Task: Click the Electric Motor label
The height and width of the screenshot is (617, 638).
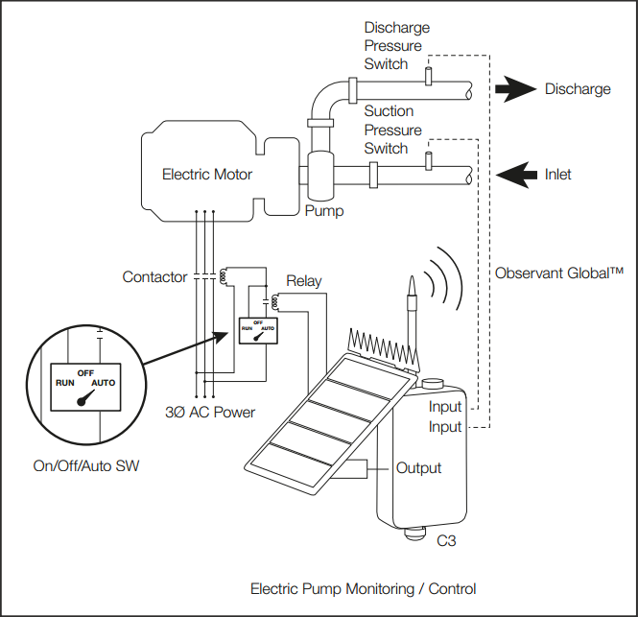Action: coord(207,175)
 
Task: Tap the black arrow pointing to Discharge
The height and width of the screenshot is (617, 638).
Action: coord(514,89)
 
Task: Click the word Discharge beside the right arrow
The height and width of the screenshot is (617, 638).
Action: coord(577,89)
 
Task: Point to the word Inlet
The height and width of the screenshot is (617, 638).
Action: coord(557,175)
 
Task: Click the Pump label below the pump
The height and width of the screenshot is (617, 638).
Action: coord(323,209)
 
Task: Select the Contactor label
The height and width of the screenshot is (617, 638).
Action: coord(154,277)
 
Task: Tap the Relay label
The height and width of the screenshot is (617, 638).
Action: coord(303,282)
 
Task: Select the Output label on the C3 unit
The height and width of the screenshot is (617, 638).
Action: coord(418,468)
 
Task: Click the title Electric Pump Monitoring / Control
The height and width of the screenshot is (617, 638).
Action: coord(363,588)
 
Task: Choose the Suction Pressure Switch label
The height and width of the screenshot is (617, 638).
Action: coord(392,131)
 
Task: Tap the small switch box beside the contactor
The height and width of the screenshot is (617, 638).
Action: coord(257,329)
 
